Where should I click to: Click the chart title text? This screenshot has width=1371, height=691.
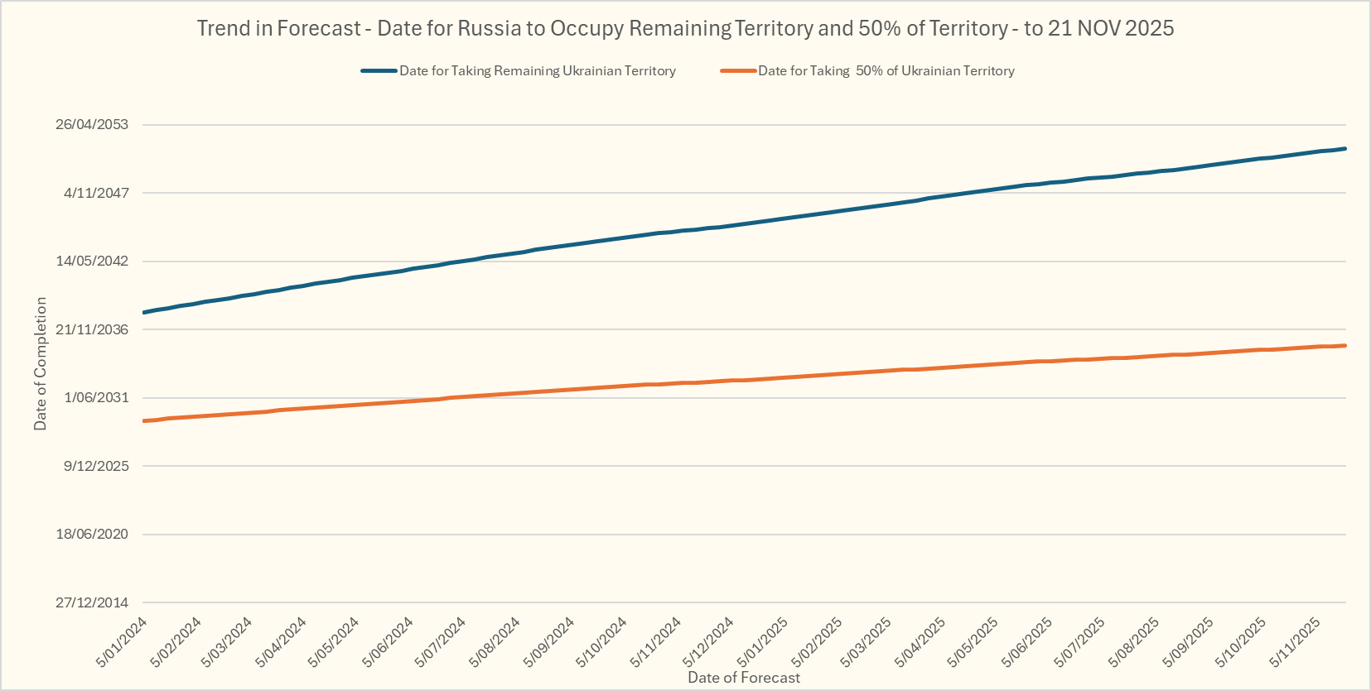click(685, 28)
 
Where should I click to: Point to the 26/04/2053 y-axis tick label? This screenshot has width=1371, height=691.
click(92, 124)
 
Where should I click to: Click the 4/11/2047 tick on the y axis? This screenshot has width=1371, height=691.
click(96, 193)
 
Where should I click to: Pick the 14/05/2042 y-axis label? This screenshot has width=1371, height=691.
click(92, 261)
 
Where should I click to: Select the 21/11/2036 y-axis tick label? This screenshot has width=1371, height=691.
click(92, 329)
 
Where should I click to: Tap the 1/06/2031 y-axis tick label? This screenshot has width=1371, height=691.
click(96, 397)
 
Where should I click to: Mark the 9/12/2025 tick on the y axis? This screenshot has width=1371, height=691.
click(96, 466)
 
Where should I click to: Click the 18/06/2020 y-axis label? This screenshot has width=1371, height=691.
click(92, 534)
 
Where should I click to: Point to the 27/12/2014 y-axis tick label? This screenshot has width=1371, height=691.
click(92, 602)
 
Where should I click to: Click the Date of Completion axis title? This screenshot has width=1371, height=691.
click(41, 363)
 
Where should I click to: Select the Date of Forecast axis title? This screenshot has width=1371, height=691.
click(744, 678)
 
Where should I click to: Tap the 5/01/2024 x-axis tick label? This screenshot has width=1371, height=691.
click(122, 642)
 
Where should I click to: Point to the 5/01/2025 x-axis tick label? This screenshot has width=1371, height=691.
click(763, 642)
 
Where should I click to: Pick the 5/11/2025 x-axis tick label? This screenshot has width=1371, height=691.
click(1296, 642)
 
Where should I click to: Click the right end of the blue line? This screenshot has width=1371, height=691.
click(1345, 149)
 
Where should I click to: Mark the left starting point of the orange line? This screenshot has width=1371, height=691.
click(144, 421)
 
